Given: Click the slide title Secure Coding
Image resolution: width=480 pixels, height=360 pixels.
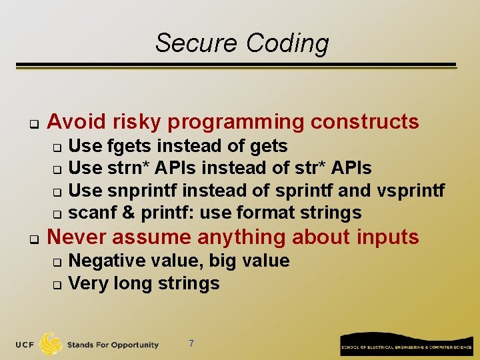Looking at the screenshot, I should coord(242,43).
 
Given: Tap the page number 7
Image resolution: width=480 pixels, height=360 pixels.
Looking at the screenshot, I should coord(191,343).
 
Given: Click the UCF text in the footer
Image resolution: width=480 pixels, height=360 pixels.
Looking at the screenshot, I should coord(25,345).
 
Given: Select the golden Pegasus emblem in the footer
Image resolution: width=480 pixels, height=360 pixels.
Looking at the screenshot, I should coord(51,344).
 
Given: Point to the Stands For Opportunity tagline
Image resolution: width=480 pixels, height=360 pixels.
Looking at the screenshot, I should coord(113,345).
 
